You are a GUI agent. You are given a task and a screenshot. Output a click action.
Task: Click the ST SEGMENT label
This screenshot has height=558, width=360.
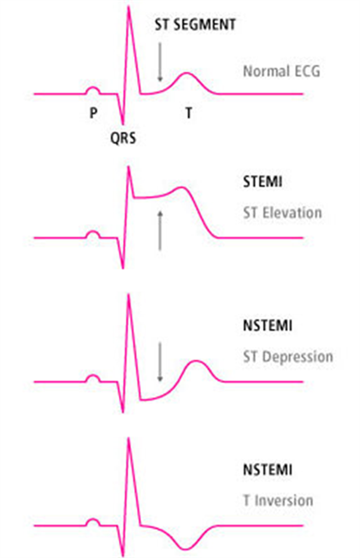coord(195,25)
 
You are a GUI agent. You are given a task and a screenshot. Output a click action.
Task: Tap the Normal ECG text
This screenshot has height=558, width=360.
coord(281,71)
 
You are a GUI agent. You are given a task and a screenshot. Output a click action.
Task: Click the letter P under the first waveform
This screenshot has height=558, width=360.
coord(93,113)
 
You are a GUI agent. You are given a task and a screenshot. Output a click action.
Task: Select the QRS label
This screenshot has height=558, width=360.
coord(123,138)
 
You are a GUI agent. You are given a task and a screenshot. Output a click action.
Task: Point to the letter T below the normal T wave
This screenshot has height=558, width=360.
coord(189,113)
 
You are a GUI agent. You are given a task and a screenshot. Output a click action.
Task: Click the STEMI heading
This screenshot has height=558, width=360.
coord(263,182)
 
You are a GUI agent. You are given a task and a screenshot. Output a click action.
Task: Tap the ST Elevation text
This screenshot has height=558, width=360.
coord(282,213)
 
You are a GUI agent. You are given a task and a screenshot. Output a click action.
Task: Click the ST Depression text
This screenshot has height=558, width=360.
coord(288,356)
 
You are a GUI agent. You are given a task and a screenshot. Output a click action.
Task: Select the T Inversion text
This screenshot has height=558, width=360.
coord(278,501)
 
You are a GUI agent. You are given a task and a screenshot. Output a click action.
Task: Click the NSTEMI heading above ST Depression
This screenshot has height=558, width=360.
coord(268,326)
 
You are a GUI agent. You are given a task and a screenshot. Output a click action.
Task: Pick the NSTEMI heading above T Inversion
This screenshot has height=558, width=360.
coord(268,470)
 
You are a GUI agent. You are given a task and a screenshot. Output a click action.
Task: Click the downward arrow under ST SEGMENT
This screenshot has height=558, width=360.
coord(160,62)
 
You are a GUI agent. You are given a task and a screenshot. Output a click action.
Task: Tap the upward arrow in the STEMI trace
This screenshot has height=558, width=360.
coord(160,230)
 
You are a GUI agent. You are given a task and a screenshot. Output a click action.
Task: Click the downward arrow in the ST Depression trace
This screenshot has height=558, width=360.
coord(160,362)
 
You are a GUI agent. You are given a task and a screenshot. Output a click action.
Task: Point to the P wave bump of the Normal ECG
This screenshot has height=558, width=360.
coord(93,87)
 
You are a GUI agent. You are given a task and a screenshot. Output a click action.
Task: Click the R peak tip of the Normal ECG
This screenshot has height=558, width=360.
coord(128,6)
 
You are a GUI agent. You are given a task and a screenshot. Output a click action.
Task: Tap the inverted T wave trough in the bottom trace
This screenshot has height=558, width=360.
coord(184,549)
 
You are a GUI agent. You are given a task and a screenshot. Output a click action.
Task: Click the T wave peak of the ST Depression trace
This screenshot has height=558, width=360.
coord(196,361)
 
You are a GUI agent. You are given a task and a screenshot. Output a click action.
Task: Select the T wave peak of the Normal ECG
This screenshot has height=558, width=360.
coord(186,73)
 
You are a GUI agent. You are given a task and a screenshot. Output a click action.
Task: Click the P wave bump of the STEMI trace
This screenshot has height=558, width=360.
coord(93,232)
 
